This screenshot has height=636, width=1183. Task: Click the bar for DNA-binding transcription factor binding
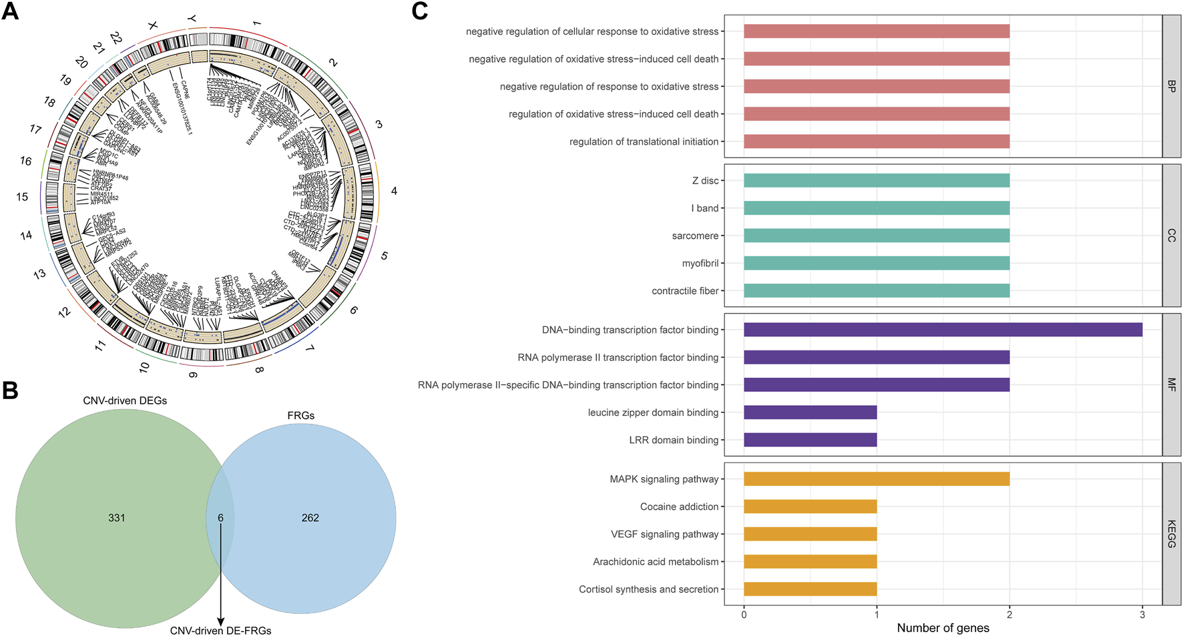pos(943,330)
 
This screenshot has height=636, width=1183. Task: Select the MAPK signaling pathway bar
pos(876,479)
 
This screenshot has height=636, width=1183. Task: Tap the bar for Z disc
pos(876,181)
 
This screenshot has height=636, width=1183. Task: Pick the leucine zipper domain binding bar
pos(810,412)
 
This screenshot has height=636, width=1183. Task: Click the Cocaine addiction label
pos(679,507)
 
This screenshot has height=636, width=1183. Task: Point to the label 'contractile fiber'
pos(685,291)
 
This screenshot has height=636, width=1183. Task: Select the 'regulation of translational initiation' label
pos(644,141)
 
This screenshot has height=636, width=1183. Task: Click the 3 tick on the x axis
pos(1142,615)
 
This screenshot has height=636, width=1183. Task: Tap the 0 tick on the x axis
pos(744,615)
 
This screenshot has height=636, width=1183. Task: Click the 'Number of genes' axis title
pos(943,628)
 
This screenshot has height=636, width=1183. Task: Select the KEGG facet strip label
pos(1172,534)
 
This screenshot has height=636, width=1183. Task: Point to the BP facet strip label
pos(1172,86)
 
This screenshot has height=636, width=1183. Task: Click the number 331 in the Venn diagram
pos(117,518)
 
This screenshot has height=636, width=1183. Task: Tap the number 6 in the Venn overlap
pos(220,518)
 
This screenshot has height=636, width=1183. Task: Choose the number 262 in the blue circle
pos(310,518)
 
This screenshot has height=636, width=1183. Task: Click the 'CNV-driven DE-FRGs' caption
pos(220,631)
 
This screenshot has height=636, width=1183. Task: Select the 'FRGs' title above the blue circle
pos(301,416)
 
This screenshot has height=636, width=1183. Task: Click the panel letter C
pos(419,11)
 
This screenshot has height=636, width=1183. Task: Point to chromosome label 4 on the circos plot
pos(394,192)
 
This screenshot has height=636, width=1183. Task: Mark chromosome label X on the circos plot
pos(153,25)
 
